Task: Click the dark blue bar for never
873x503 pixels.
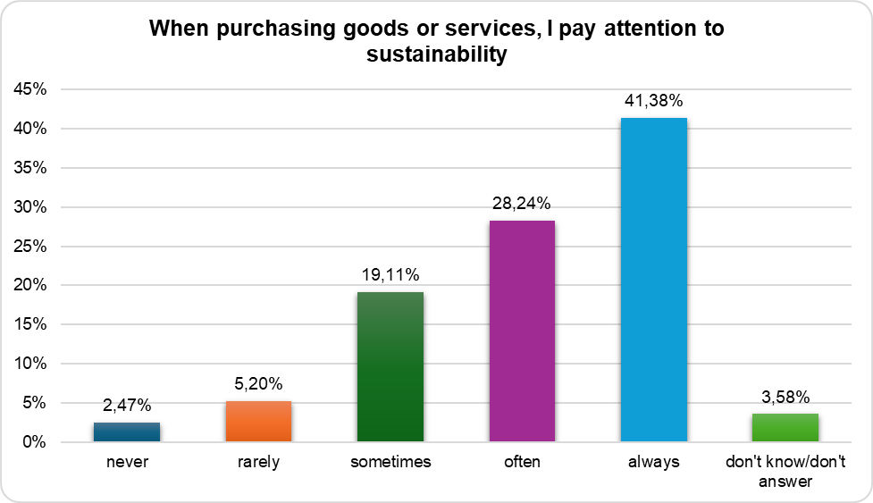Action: (x=127, y=432)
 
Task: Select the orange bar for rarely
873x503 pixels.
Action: (x=258, y=421)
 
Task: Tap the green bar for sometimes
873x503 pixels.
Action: (x=390, y=366)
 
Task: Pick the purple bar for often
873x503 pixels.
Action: (x=522, y=331)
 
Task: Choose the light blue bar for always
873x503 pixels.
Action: (x=654, y=280)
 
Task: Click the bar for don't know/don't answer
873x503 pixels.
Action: (x=785, y=427)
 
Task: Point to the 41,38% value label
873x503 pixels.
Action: (x=654, y=101)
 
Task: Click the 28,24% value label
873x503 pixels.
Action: (x=522, y=204)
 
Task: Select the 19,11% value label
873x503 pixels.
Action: (x=390, y=275)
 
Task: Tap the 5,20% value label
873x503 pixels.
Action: (x=258, y=384)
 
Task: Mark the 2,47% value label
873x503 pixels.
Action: (x=127, y=405)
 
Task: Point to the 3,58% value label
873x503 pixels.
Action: (x=785, y=397)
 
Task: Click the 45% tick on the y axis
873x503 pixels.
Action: (x=30, y=89)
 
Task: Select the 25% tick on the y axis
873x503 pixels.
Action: (x=30, y=246)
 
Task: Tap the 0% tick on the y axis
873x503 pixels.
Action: (x=35, y=441)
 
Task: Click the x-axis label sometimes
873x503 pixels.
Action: (x=390, y=462)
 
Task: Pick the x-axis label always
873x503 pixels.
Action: (x=654, y=463)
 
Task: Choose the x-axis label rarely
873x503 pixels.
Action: (x=258, y=463)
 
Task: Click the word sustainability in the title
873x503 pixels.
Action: (x=436, y=54)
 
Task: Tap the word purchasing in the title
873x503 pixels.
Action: (x=276, y=29)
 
